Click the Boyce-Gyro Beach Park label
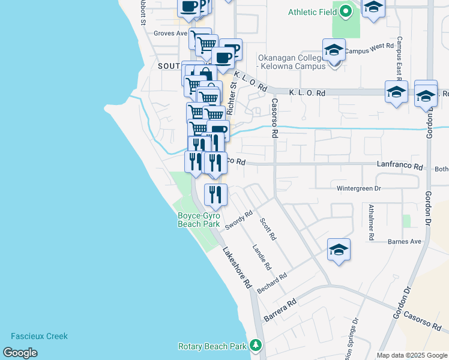click(x=199, y=220)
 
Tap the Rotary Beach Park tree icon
click(x=256, y=346)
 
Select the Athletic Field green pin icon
click(x=345, y=11)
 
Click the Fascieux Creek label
click(x=39, y=337)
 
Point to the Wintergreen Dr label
click(x=359, y=188)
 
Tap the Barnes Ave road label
click(x=405, y=242)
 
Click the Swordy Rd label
click(x=240, y=220)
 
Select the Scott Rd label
click(x=268, y=229)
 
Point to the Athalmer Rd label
click(x=372, y=223)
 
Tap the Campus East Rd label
click(x=399, y=60)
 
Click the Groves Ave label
click(x=171, y=34)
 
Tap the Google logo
click(x=20, y=353)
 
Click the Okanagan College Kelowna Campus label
click(x=295, y=62)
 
